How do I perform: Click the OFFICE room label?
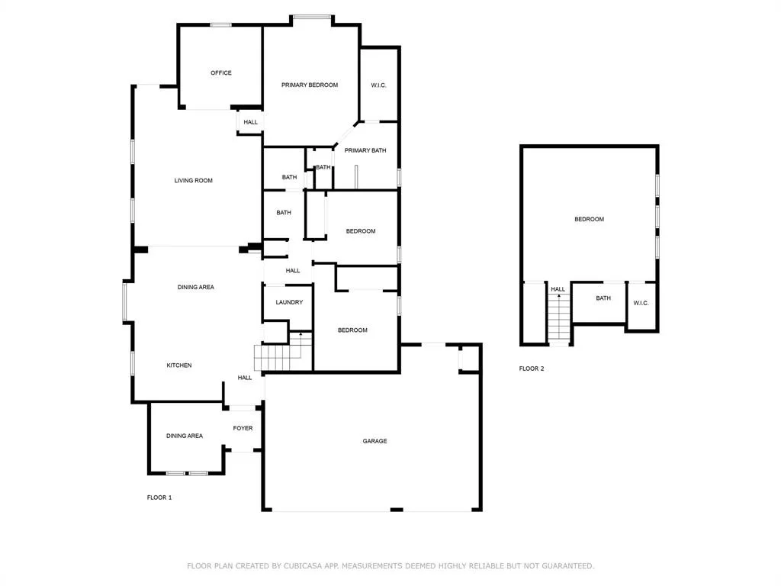pos(221,72)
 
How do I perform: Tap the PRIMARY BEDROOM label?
pos(310,85)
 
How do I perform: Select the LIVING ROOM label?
pos(193,180)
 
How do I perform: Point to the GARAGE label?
pos(374,441)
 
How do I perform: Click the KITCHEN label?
pos(178,365)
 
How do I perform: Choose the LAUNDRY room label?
pos(289,302)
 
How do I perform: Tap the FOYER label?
pos(243,428)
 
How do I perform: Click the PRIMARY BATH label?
pos(365,150)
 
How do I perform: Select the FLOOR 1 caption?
pos(159,497)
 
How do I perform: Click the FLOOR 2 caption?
pos(532,369)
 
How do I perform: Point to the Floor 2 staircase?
pos(559,319)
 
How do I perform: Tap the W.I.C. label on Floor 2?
pos(641,303)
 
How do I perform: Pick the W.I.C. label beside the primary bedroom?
pos(378,85)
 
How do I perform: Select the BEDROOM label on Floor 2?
pos(590,219)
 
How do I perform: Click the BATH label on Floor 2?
pos(603,298)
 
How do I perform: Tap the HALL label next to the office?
pos(250,122)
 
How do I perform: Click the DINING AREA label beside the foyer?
pos(185,436)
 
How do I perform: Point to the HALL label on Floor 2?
pos(558,289)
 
